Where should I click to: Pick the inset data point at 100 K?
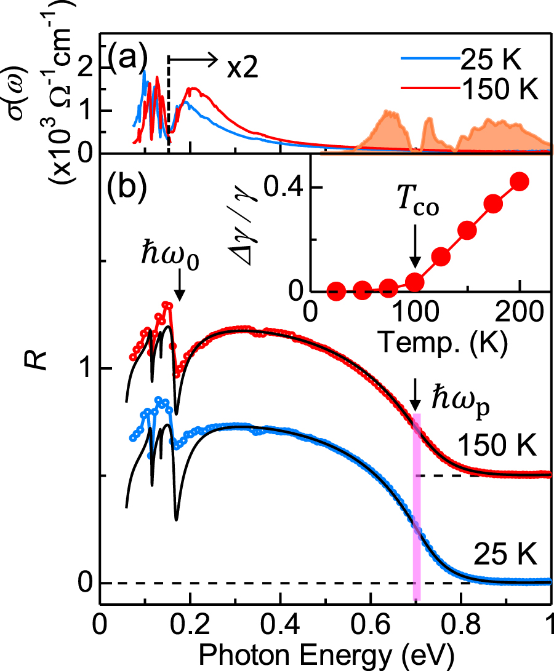[x=416, y=281]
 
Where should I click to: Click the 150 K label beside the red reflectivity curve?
[x=497, y=444]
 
